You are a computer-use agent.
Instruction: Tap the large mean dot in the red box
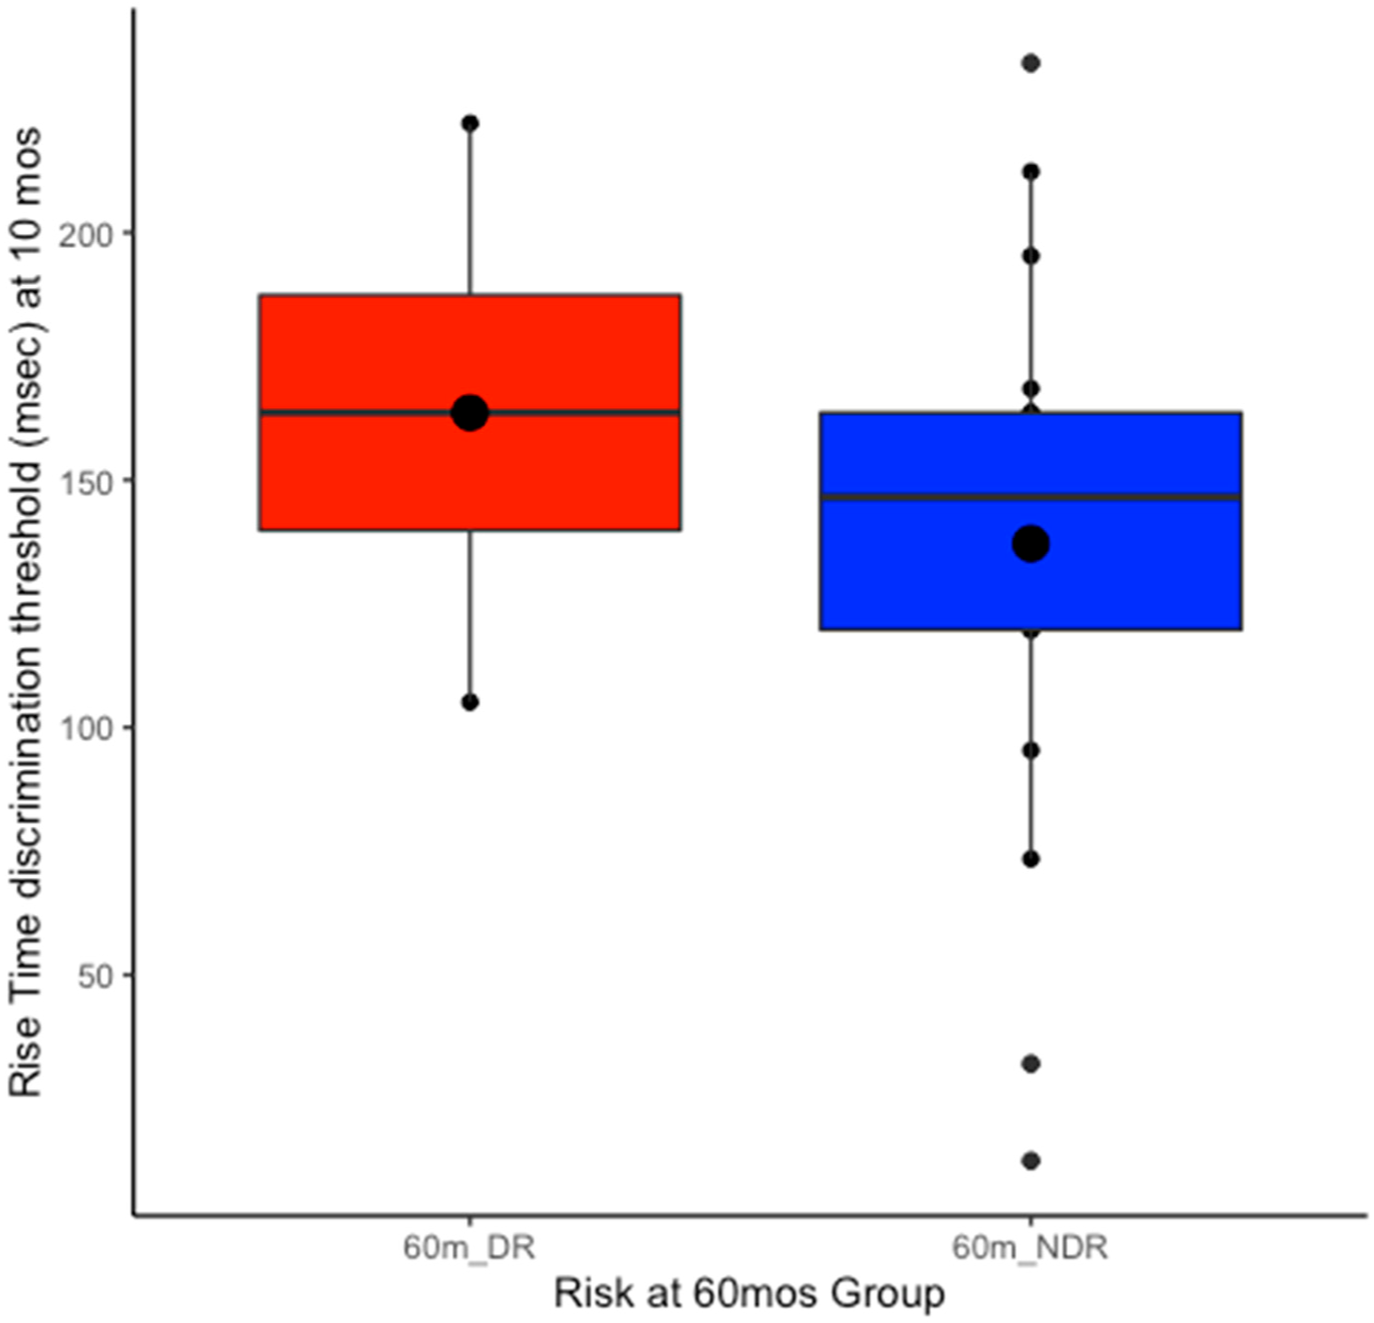(x=469, y=412)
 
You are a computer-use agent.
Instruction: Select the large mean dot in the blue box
(x=1030, y=543)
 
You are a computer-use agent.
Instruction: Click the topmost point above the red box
(x=469, y=123)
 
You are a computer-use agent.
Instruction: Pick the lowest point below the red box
(x=469, y=702)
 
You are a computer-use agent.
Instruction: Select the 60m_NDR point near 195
(x=1030, y=256)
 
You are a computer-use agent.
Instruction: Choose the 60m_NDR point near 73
(x=1030, y=859)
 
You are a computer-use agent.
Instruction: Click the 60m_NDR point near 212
(x=1030, y=172)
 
